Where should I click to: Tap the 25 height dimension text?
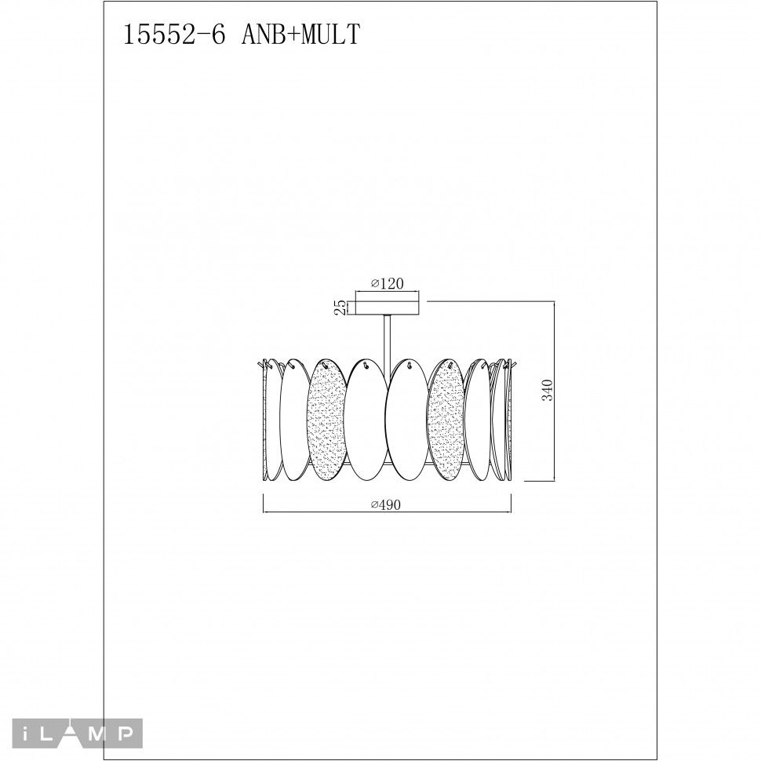click(340, 306)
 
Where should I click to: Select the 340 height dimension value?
click(548, 390)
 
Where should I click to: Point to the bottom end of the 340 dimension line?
click(555, 480)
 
